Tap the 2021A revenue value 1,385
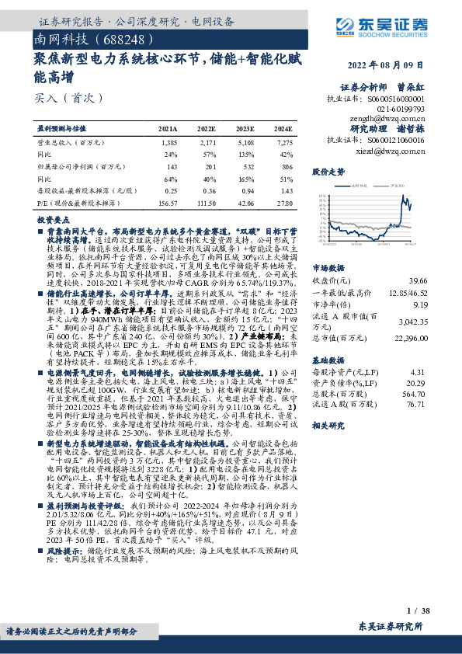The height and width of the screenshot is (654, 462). coord(169,144)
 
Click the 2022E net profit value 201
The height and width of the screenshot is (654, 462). coord(207,167)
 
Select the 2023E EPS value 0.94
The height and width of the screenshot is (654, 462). coord(245,190)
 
